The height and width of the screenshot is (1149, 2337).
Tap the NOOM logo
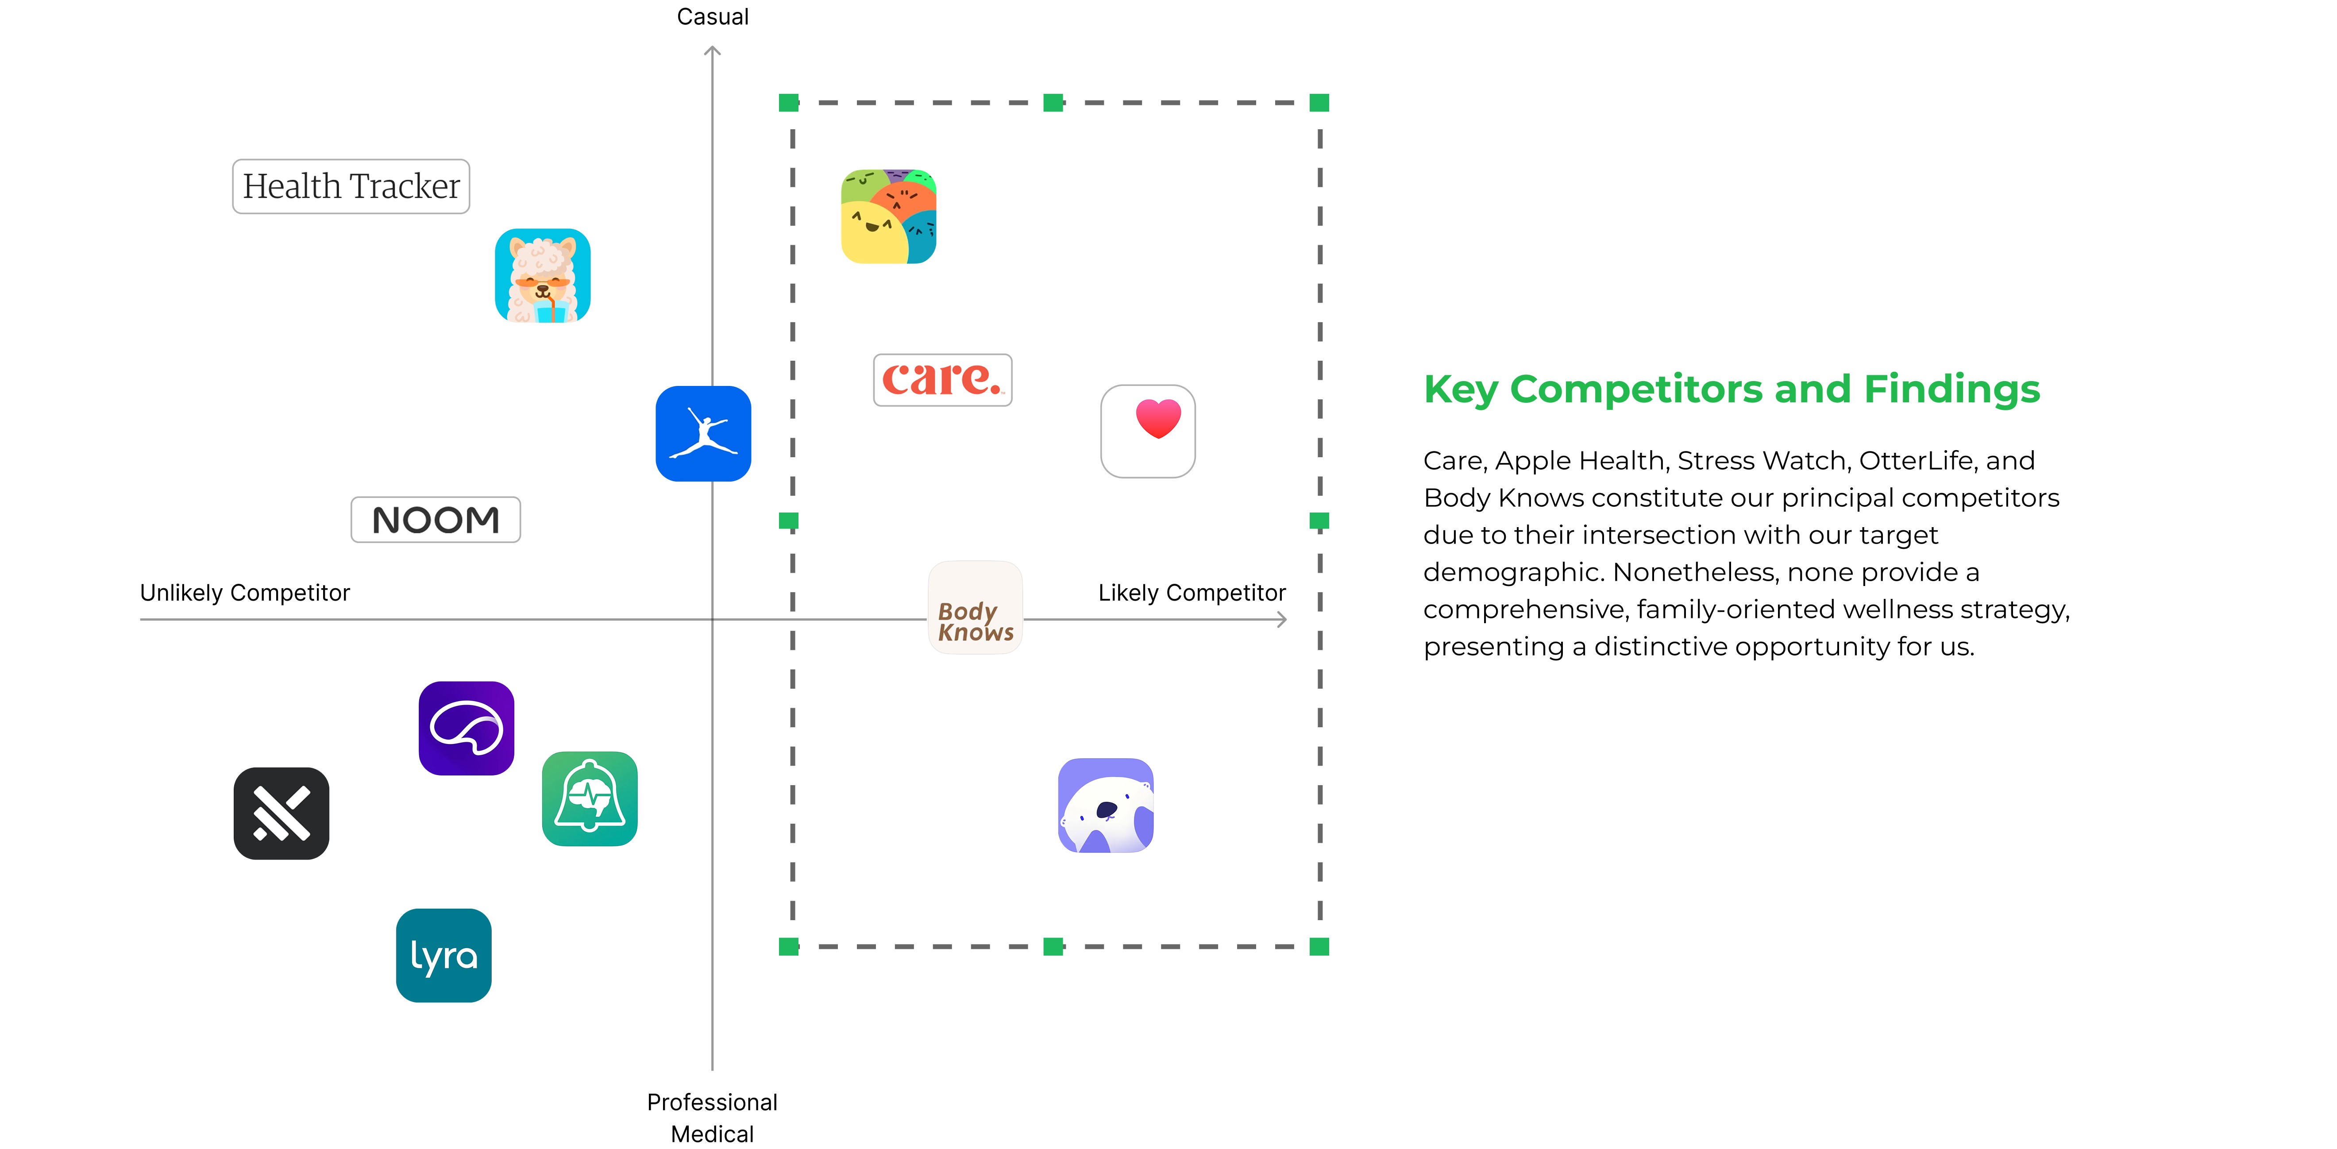[x=436, y=520]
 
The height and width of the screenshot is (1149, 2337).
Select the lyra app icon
[x=443, y=955]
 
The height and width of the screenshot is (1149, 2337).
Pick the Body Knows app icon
[x=975, y=608]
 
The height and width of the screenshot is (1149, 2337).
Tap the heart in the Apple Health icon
[x=1158, y=417]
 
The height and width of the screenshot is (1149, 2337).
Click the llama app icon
[x=543, y=276]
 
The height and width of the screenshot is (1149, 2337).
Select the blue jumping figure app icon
[x=703, y=433]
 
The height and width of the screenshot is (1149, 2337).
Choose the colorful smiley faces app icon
[x=888, y=216]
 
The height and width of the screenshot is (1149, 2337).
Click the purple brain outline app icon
[x=467, y=728]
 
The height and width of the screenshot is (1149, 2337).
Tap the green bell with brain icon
[x=590, y=798]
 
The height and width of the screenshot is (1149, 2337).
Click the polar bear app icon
[x=1105, y=805]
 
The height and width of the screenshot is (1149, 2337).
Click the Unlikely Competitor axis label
[x=245, y=593]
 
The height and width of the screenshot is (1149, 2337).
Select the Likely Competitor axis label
[x=1191, y=593]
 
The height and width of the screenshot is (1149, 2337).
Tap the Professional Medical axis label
[x=712, y=1117]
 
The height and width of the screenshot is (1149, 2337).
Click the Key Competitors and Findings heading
[x=1731, y=389]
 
